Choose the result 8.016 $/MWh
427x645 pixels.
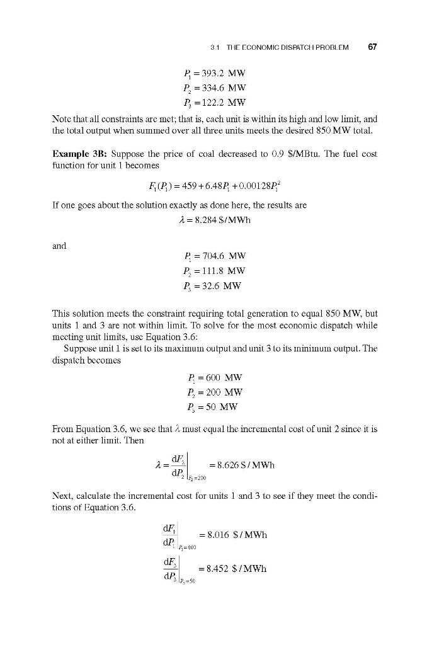coord(233,535)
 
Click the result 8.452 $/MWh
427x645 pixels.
coord(233,568)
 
